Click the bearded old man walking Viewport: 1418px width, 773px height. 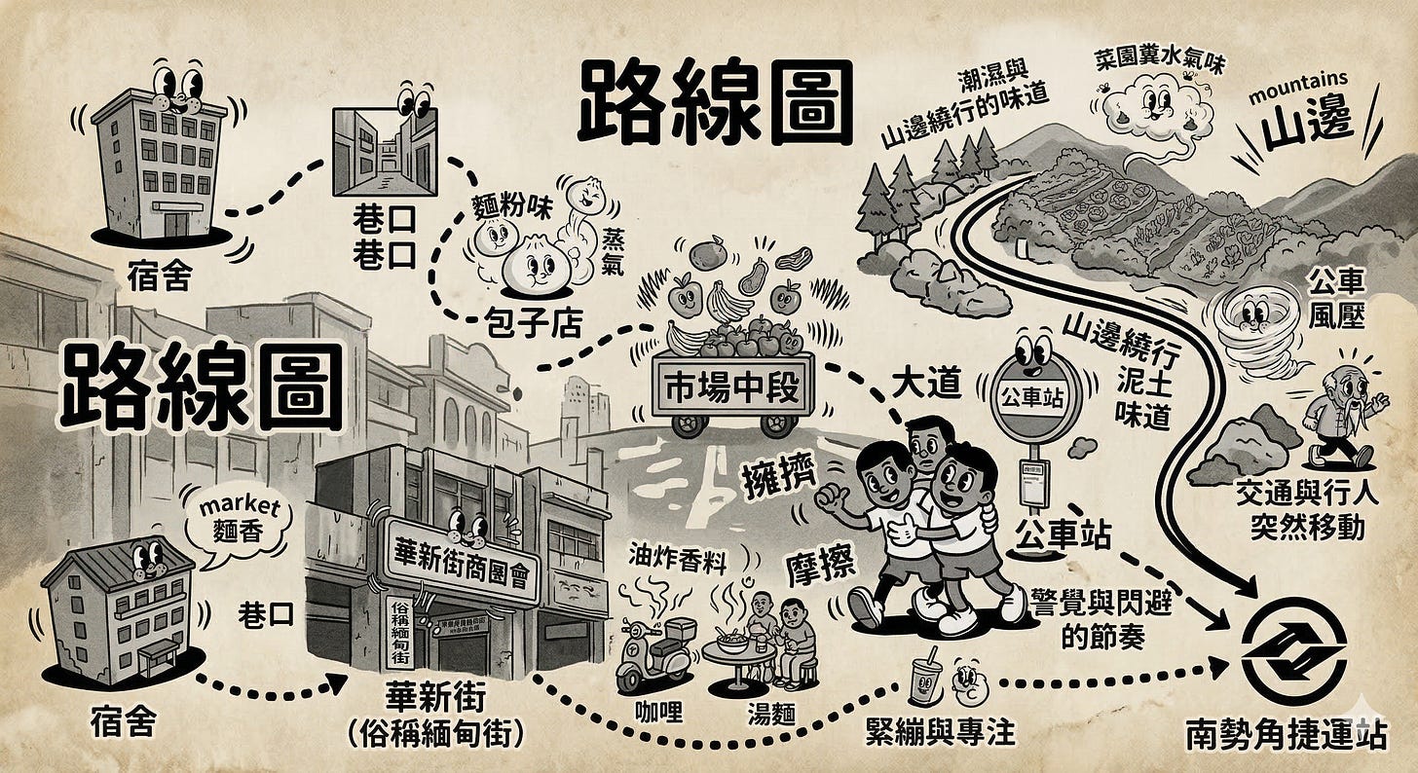tap(1341, 419)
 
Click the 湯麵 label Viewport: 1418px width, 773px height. tap(769, 714)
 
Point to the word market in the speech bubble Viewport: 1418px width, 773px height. tap(239, 507)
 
